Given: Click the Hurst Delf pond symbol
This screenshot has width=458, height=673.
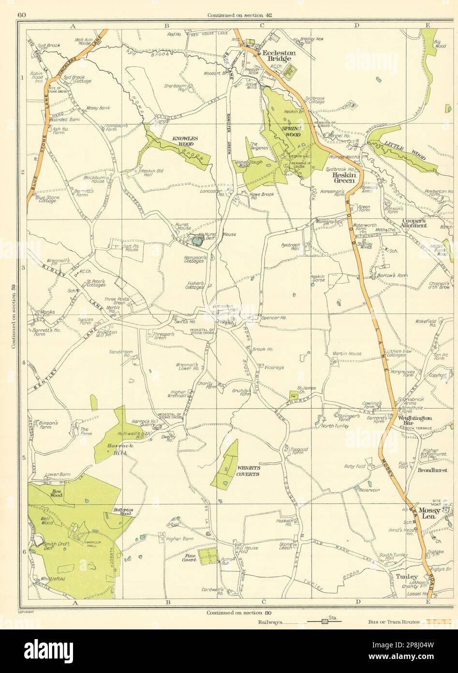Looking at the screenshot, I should coord(196,239).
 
